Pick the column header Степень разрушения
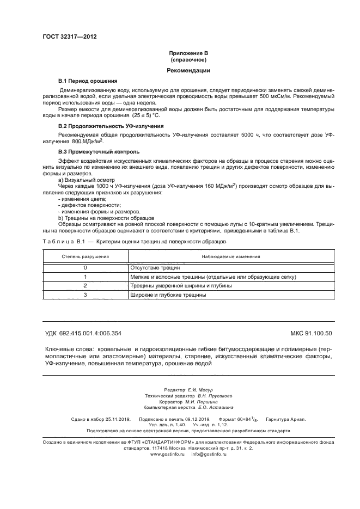[x=84, y=256]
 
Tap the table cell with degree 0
[x=85, y=268]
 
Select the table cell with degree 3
[x=85, y=295]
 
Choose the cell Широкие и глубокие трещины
[x=168, y=295]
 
